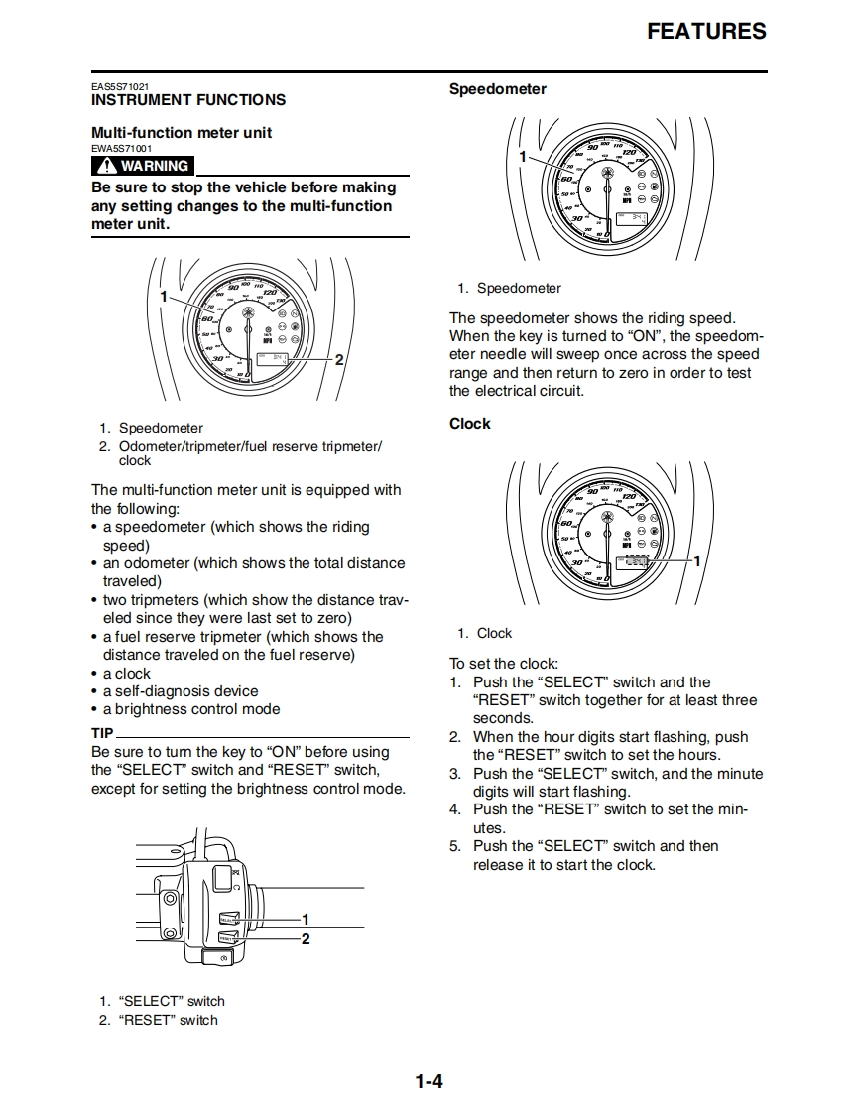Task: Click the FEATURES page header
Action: coord(706,31)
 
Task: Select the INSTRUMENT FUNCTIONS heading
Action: coord(188,100)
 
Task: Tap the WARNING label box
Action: coord(143,166)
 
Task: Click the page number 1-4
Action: coord(429,1081)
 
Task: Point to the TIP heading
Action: coord(102,734)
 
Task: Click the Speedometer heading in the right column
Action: coord(497,89)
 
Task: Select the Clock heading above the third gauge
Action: coord(469,424)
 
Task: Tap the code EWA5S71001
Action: coord(122,149)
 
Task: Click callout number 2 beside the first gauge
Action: coord(339,359)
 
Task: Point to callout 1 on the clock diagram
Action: coord(696,561)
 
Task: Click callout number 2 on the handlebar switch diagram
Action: coord(306,938)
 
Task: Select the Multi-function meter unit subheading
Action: coord(182,133)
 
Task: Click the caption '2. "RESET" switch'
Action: coord(159,1020)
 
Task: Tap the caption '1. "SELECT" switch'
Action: coord(162,1001)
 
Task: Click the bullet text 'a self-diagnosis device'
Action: coord(181,691)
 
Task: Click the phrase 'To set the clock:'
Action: coord(504,664)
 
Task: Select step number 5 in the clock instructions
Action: coord(454,846)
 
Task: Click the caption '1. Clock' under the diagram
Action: coord(485,633)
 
